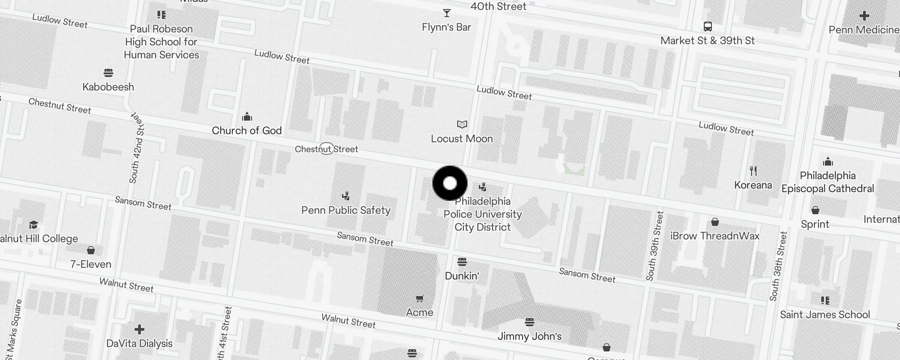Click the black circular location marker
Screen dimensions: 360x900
pyautogui.click(x=450, y=183)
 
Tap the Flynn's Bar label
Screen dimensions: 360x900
pyautogui.click(x=446, y=27)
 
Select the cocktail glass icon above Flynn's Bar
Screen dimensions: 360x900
pyautogui.click(x=446, y=13)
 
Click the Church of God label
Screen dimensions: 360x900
pyautogui.click(x=247, y=130)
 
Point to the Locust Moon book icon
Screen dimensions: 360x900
pyautogui.click(x=462, y=124)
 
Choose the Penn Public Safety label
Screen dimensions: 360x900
pyautogui.click(x=346, y=210)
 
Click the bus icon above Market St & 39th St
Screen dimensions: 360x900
pyautogui.click(x=707, y=27)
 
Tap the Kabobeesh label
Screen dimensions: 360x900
pyautogui.click(x=108, y=87)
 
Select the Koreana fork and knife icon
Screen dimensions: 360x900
pyautogui.click(x=753, y=171)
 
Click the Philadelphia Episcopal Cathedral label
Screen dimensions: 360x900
pyautogui.click(x=828, y=182)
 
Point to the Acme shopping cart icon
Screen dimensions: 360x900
pyautogui.click(x=419, y=298)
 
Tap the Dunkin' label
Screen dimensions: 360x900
pyautogui.click(x=462, y=276)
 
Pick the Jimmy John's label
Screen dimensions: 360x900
pyautogui.click(x=529, y=336)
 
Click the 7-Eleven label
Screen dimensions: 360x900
pyautogui.click(x=90, y=264)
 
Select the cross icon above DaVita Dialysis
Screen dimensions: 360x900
pyautogui.click(x=139, y=330)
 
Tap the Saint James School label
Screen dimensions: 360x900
pyautogui.click(x=825, y=315)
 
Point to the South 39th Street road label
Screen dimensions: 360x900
pyautogui.click(x=655, y=246)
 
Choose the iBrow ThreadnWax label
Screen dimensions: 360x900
pyautogui.click(x=715, y=236)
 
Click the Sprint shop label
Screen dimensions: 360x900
pyautogui.click(x=814, y=224)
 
